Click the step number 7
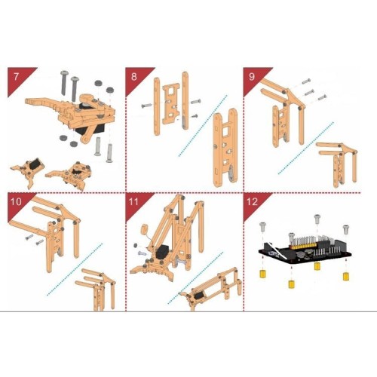pos(17,76)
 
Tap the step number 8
pos(134,76)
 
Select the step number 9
pos(252,76)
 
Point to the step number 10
pos(16,201)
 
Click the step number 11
pos(133,201)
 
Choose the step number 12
pos(252,201)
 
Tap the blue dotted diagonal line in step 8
pos(203,126)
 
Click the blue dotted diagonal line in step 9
pos(306,148)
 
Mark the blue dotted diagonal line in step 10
pos(75,269)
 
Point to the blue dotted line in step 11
pos(195,277)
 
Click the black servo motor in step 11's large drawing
pos(163,253)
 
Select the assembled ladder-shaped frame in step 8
pos(225,148)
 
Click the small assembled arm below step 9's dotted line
pos(338,164)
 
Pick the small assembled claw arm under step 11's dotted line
pos(211,289)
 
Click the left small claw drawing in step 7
pos(28,172)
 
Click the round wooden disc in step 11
pos(146,229)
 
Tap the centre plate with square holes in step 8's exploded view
pos(171,103)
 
